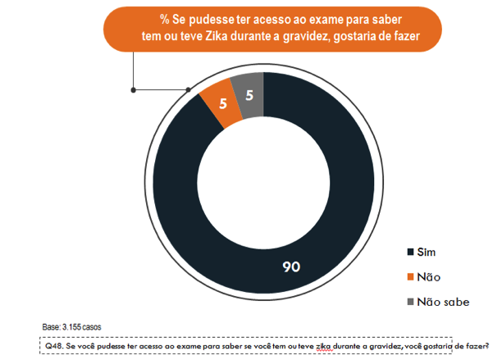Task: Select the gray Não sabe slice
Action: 249,95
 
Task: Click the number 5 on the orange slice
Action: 223,104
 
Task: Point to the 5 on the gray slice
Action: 249,95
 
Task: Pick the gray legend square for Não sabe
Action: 409,302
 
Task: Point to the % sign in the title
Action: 164,18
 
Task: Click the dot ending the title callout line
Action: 131,89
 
